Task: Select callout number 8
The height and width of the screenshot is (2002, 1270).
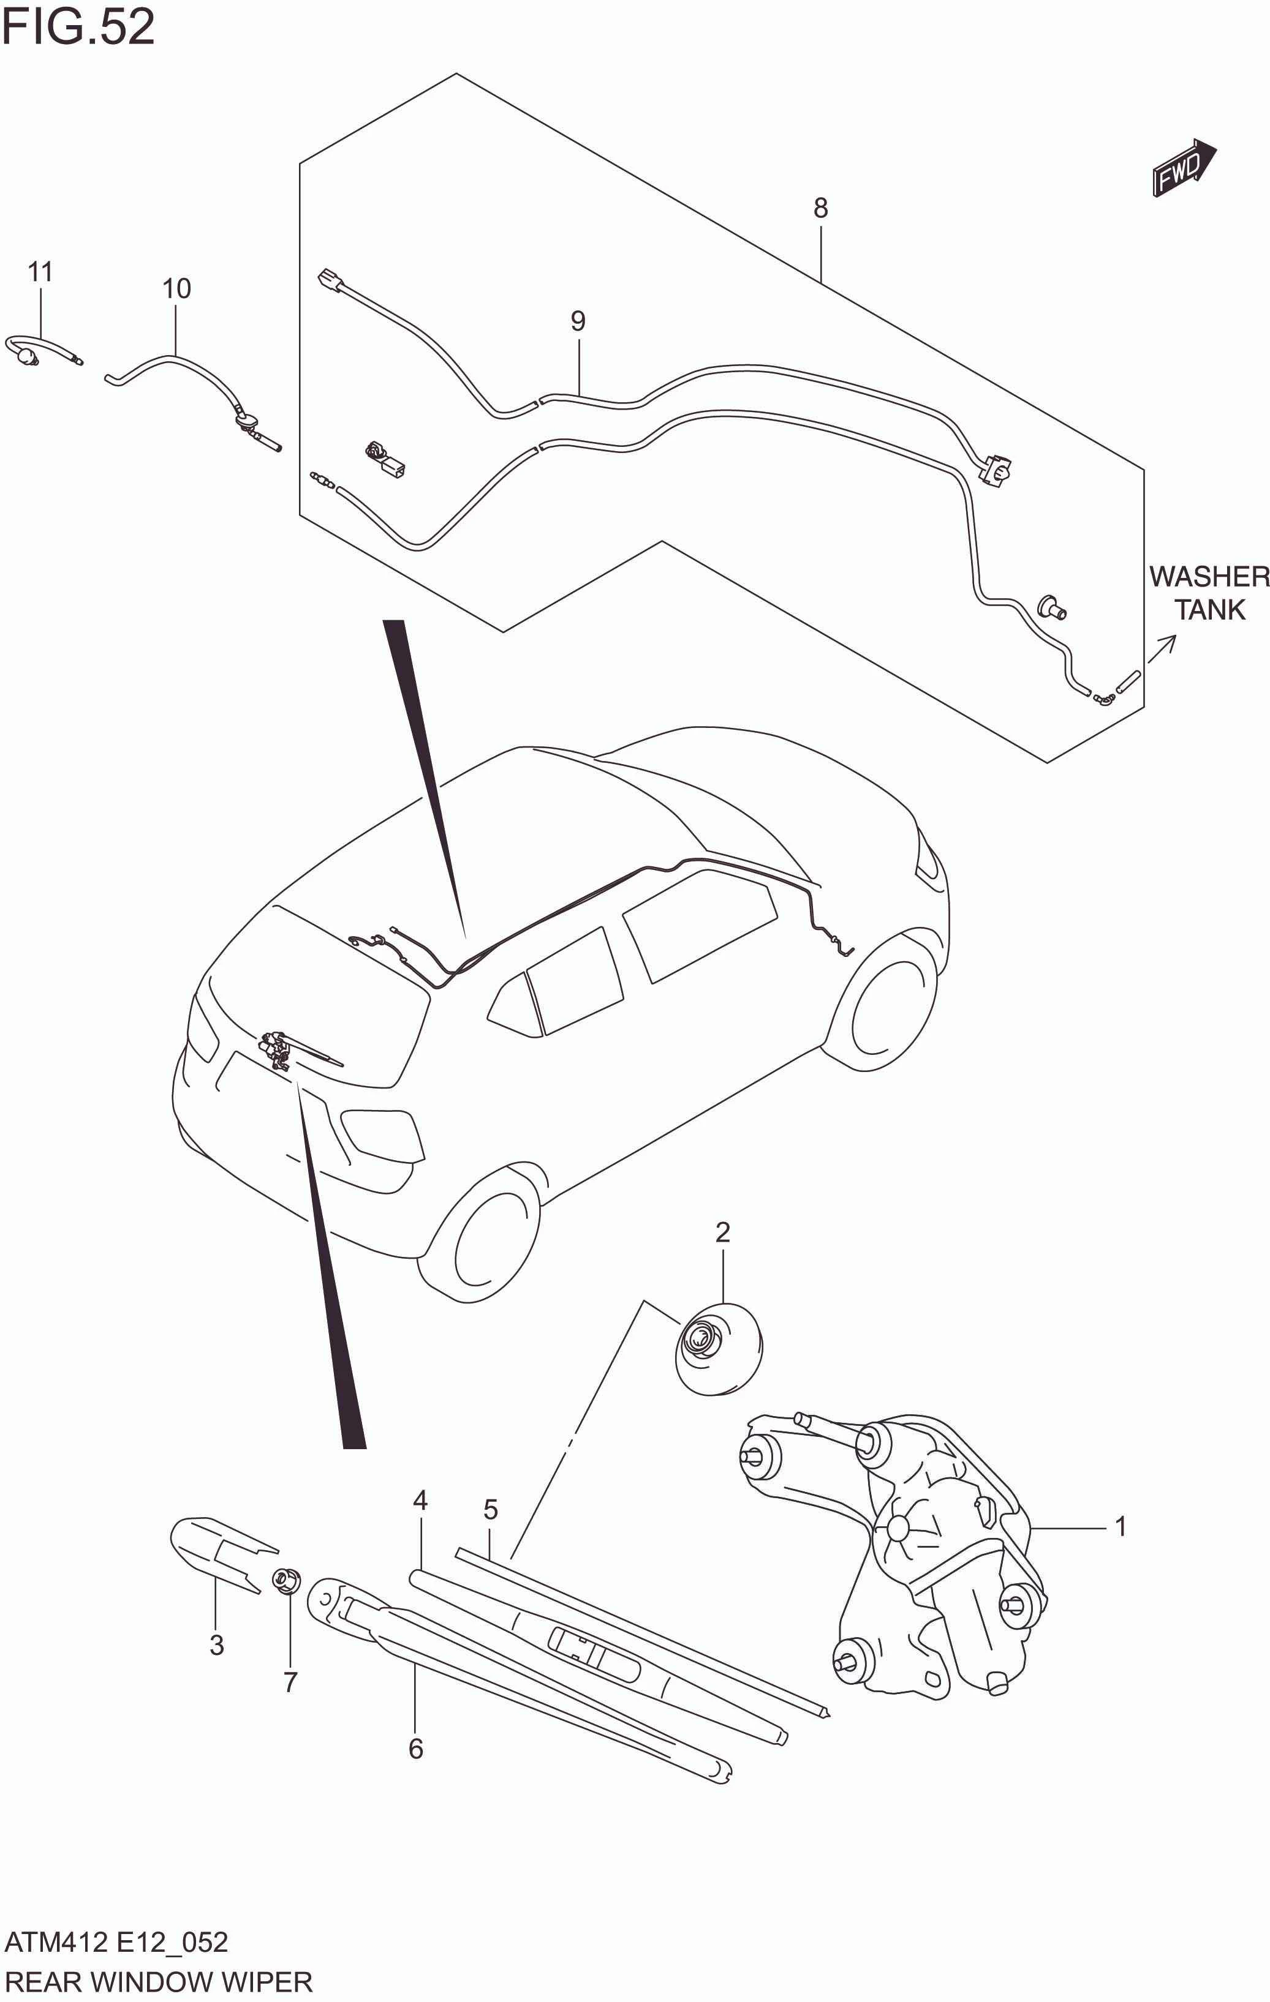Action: coord(820,208)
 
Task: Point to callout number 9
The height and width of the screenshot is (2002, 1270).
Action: coord(578,321)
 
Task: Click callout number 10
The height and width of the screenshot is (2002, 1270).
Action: coord(176,288)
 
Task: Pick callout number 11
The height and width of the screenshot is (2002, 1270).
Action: coord(40,271)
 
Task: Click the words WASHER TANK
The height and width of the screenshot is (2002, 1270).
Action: coord(1209,593)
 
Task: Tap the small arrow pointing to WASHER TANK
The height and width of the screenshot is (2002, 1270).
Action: coord(1162,648)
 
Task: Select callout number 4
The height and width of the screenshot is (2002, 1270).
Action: coord(420,1501)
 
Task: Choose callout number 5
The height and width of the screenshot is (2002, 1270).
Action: coord(490,1509)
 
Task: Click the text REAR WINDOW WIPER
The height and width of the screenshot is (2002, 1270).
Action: coord(158,1982)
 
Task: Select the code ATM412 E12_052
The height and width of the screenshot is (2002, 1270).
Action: coord(116,1942)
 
